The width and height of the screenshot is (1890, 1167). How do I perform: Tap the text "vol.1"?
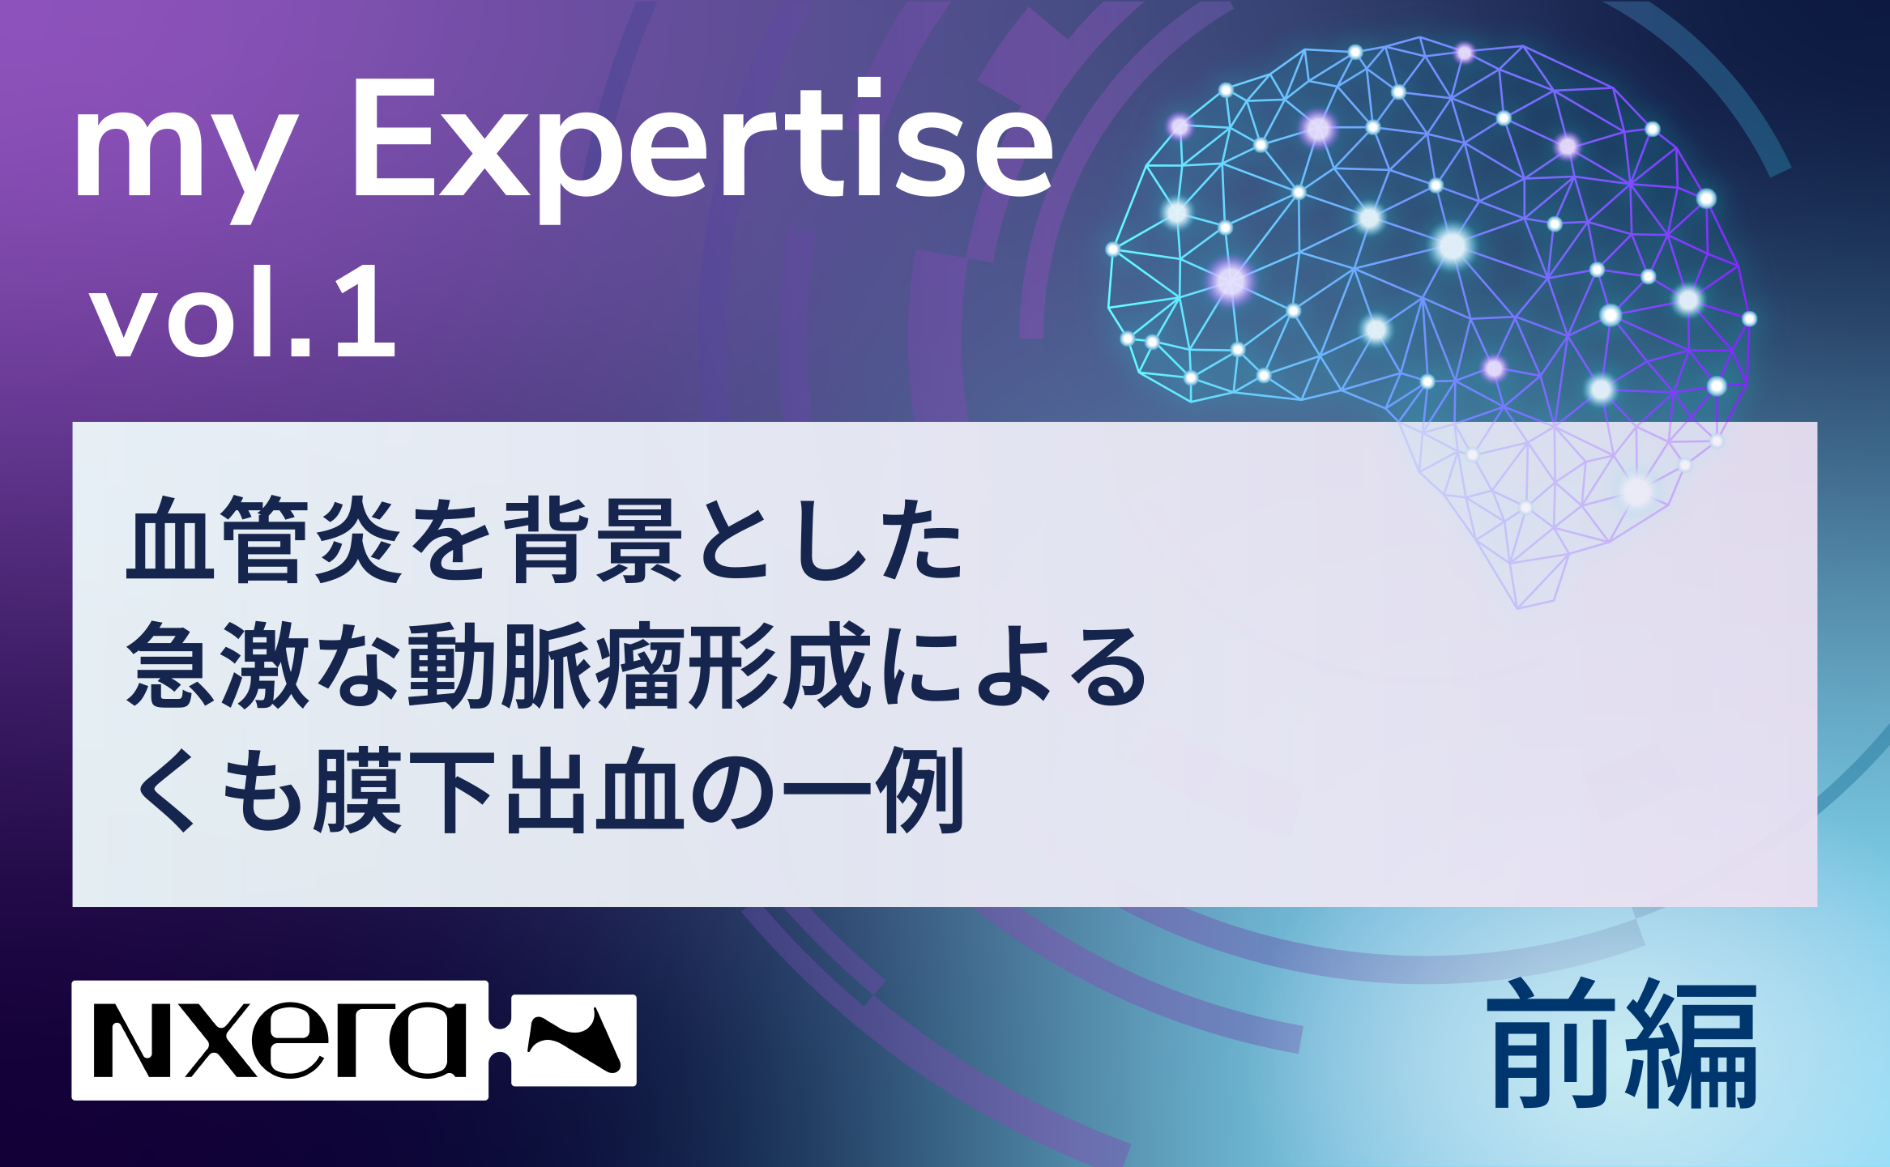click(243, 311)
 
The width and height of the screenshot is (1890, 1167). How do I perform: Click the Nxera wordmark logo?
click(280, 1041)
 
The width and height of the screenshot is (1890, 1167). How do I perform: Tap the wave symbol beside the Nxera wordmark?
click(574, 1040)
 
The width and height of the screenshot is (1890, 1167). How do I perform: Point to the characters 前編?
click(1622, 1044)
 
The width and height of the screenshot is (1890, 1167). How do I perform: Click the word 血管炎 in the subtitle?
click(264, 539)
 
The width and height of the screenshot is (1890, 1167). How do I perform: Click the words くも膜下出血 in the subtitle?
click(410, 790)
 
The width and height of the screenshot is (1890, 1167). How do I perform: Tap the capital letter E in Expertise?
click(394, 138)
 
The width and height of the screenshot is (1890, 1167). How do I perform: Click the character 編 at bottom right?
click(1692, 1046)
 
